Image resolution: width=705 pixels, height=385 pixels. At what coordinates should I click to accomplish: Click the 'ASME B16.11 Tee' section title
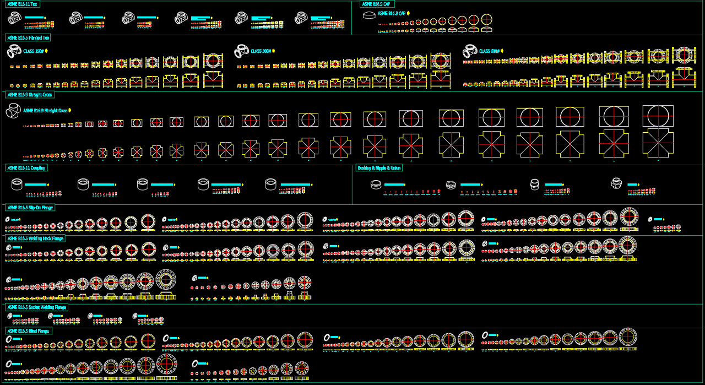(23, 4)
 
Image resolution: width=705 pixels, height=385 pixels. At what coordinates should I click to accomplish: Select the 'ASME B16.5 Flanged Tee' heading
(28, 38)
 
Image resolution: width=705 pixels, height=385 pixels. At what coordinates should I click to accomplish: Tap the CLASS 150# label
(33, 51)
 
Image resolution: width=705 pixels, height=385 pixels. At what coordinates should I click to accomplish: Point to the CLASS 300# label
(261, 51)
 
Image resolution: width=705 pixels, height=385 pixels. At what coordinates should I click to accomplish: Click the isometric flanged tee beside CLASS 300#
(241, 52)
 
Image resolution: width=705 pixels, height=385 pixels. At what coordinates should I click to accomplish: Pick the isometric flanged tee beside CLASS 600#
(470, 51)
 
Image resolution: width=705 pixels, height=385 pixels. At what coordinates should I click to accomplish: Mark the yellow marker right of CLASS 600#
(503, 51)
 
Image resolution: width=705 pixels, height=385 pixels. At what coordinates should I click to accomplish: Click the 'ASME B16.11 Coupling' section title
(26, 168)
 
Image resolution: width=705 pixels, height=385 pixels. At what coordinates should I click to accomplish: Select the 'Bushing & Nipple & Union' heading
(379, 168)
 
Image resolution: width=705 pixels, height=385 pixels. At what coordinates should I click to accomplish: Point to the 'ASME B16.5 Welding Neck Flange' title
(35, 238)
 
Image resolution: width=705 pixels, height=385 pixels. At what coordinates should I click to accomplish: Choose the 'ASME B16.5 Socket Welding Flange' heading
(36, 307)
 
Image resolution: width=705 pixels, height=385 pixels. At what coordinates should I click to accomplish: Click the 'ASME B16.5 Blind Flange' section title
(28, 331)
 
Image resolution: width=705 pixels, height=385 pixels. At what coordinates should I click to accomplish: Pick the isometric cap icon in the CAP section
(370, 15)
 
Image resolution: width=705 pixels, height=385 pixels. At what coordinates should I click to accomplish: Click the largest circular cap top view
(487, 20)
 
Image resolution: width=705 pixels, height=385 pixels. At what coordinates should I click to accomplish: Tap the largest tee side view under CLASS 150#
(213, 80)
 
